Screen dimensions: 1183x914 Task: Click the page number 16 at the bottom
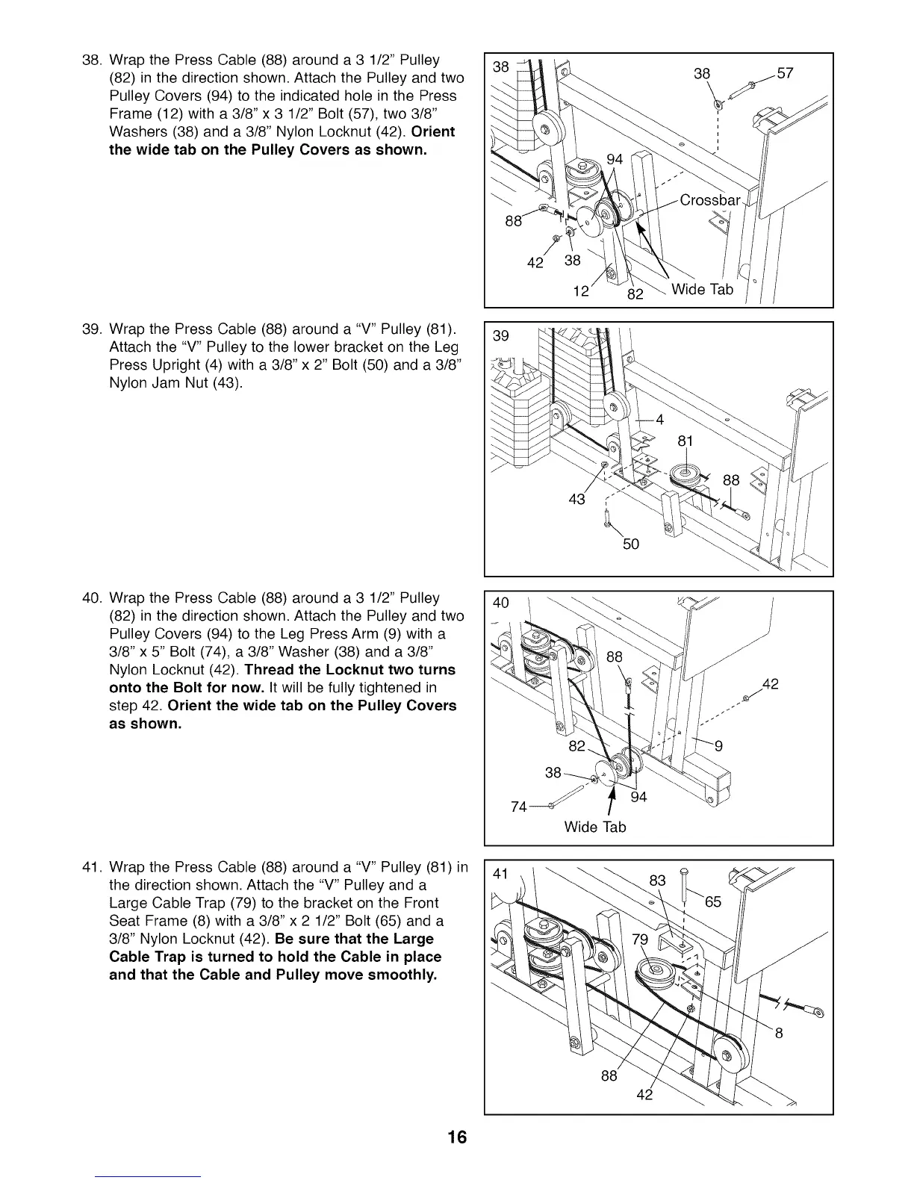(x=457, y=1137)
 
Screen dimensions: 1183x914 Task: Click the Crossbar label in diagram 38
(x=709, y=200)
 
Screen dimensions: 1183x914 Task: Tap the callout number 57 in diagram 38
(x=784, y=73)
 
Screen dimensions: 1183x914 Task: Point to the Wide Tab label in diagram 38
(x=702, y=289)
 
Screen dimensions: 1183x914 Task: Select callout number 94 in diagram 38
(x=615, y=159)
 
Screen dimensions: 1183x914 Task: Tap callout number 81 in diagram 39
(x=685, y=441)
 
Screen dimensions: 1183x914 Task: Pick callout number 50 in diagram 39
(x=630, y=544)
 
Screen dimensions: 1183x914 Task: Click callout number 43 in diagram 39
(x=576, y=499)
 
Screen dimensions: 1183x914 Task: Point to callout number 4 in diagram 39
(x=659, y=419)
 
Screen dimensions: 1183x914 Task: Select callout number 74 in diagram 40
(x=519, y=807)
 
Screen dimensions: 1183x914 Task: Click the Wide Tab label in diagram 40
(x=594, y=827)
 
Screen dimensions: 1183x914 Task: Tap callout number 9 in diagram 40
(x=718, y=745)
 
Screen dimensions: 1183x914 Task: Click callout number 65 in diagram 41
(x=712, y=901)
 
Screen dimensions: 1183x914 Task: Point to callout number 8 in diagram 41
(x=779, y=1034)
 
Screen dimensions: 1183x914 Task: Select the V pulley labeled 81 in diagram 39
(x=683, y=476)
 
